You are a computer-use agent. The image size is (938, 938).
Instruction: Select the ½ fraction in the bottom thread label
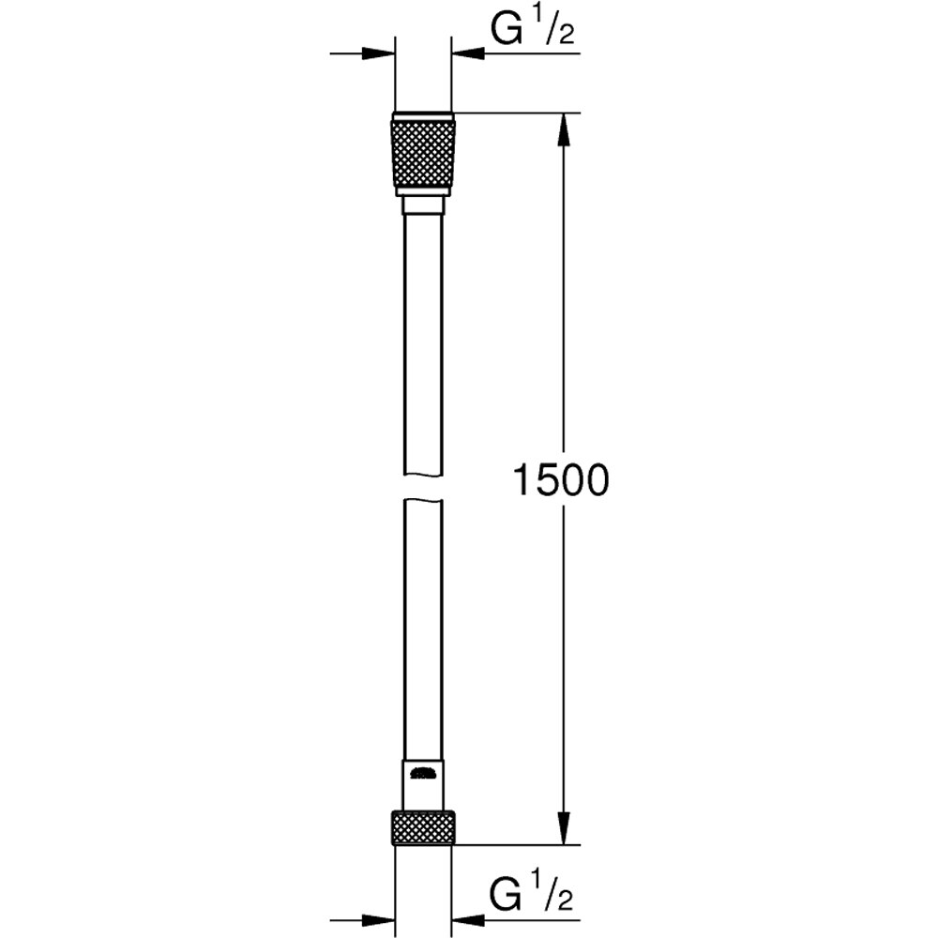point(555,898)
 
